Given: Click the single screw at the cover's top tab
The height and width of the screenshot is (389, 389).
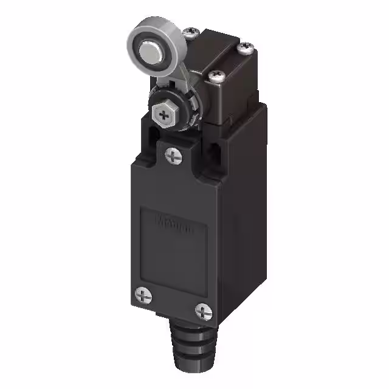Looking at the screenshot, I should coord(174,156).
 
